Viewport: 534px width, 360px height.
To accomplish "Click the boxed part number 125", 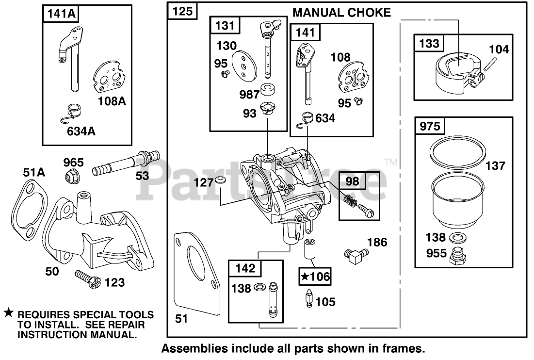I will pyautogui.click(x=182, y=12).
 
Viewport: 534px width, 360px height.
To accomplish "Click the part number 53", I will pyautogui.click(x=142, y=175).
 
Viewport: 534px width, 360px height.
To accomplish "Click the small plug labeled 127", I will pyautogui.click(x=221, y=181).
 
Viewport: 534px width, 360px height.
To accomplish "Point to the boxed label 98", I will pyautogui.click(x=352, y=181).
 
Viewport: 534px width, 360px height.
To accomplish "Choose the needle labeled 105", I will pyautogui.click(x=309, y=299).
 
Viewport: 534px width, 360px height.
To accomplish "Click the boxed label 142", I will pyautogui.click(x=244, y=268).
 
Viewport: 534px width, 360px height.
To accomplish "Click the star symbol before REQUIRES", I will pyautogui.click(x=8, y=313).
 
